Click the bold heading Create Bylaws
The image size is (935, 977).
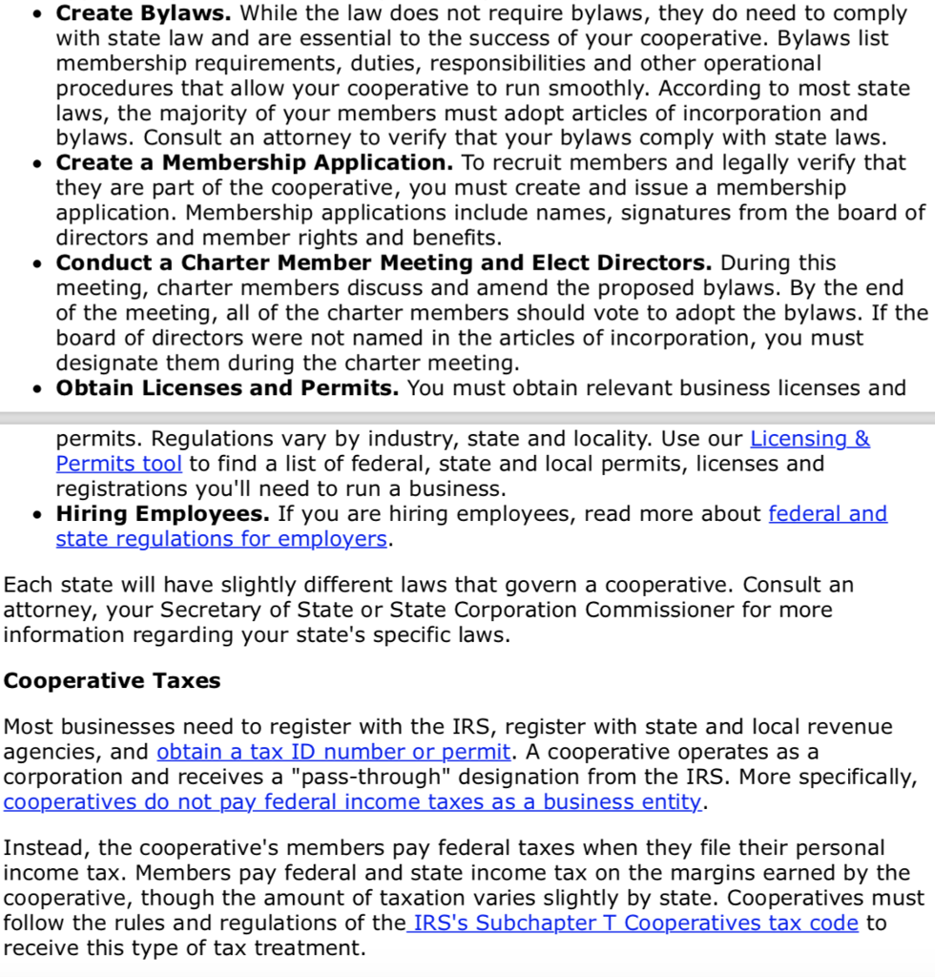click(144, 14)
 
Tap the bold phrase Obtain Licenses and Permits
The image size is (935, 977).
click(227, 388)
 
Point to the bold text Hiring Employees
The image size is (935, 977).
click(162, 514)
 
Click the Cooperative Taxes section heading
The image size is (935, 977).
click(112, 681)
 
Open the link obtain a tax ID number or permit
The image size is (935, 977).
click(333, 752)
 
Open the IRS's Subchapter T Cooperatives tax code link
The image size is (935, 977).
click(634, 924)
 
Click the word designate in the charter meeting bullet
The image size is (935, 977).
click(112, 364)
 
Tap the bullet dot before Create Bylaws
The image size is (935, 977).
click(36, 15)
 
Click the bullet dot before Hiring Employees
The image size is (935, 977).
click(36, 515)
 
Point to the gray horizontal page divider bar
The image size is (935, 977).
click(467, 418)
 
